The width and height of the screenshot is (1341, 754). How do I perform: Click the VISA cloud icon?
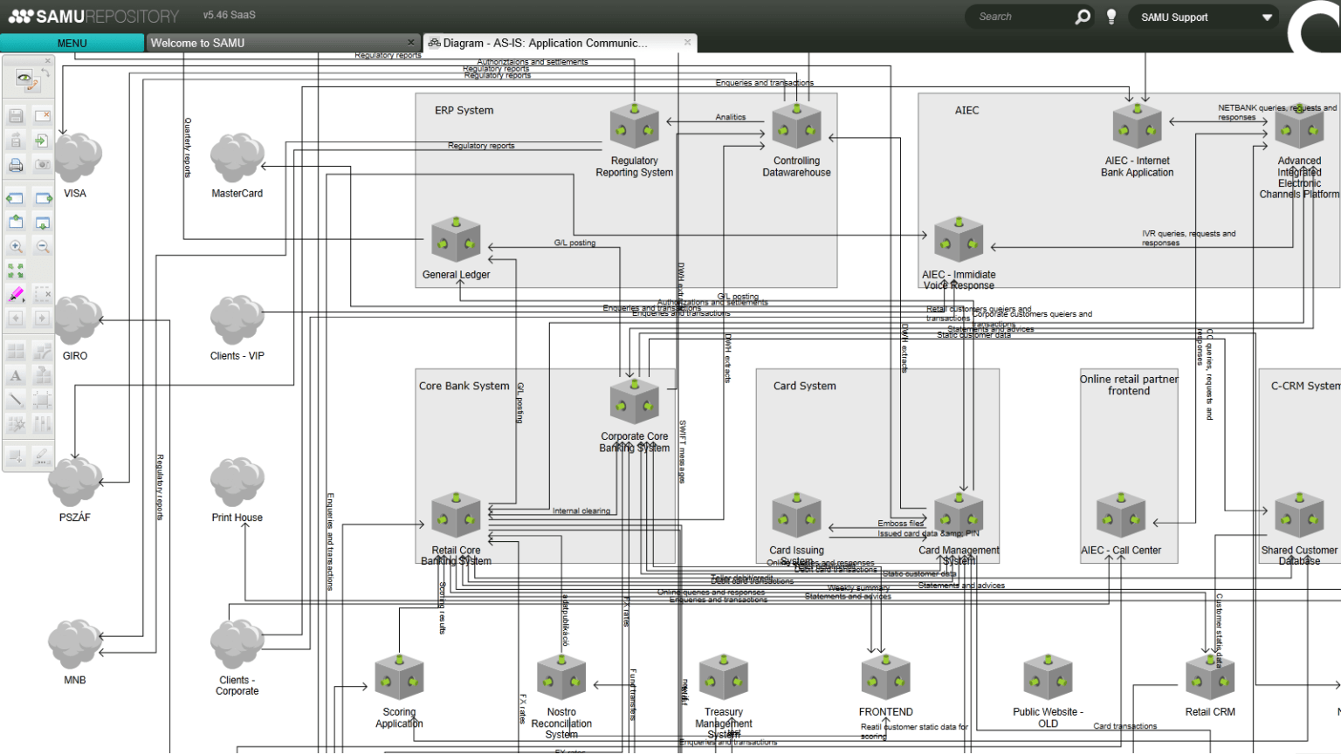click(78, 158)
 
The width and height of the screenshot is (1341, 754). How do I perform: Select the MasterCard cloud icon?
click(237, 158)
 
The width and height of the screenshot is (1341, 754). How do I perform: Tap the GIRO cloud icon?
click(78, 319)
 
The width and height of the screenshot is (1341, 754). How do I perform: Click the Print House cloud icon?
click(237, 482)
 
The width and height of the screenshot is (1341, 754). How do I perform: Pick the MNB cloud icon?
click(75, 644)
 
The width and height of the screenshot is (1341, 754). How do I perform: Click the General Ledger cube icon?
click(456, 239)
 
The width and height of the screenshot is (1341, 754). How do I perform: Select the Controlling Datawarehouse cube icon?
click(796, 127)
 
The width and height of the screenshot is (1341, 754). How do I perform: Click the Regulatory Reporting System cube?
click(634, 127)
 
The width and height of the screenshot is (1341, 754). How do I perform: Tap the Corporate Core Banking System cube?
click(634, 401)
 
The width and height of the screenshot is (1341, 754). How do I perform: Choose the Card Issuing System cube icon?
click(796, 515)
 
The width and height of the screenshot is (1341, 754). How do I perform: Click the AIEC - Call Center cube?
click(1121, 515)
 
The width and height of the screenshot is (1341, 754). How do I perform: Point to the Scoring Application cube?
click(399, 677)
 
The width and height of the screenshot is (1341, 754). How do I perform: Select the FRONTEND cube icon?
click(885, 677)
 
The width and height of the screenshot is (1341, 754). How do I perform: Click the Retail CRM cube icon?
click(1210, 677)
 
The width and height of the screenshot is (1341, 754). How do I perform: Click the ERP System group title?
click(464, 111)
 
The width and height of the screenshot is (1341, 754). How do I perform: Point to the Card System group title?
click(804, 386)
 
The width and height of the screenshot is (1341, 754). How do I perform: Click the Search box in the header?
click(1021, 17)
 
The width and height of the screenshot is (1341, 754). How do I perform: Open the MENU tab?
click(72, 43)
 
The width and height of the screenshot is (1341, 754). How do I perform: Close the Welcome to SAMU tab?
click(411, 43)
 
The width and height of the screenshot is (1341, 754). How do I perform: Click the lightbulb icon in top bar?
click(1111, 17)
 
